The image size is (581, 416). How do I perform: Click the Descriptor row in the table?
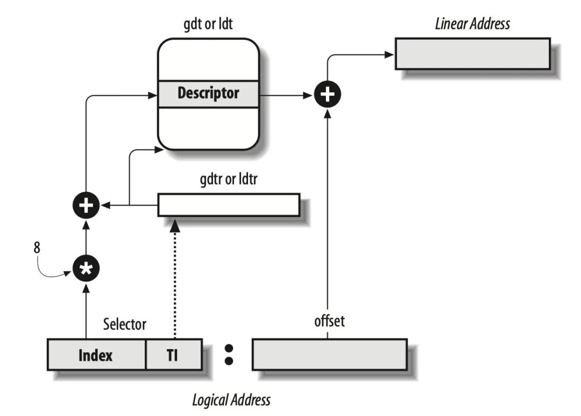(208, 94)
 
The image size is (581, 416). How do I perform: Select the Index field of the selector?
(96, 355)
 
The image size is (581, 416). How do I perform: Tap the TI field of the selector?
(174, 355)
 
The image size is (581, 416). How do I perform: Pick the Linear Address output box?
(472, 54)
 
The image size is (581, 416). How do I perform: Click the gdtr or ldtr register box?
(229, 205)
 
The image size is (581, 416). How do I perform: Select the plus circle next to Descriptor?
(328, 95)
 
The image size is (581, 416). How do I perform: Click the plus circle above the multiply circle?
(86, 205)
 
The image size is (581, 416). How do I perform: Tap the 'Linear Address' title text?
(472, 24)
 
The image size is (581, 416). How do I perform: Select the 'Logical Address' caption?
(231, 400)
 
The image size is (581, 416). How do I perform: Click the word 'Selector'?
(124, 325)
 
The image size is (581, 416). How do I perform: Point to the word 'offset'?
(329, 322)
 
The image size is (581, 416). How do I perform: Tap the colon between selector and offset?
(228, 355)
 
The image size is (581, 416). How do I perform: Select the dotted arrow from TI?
(174, 280)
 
